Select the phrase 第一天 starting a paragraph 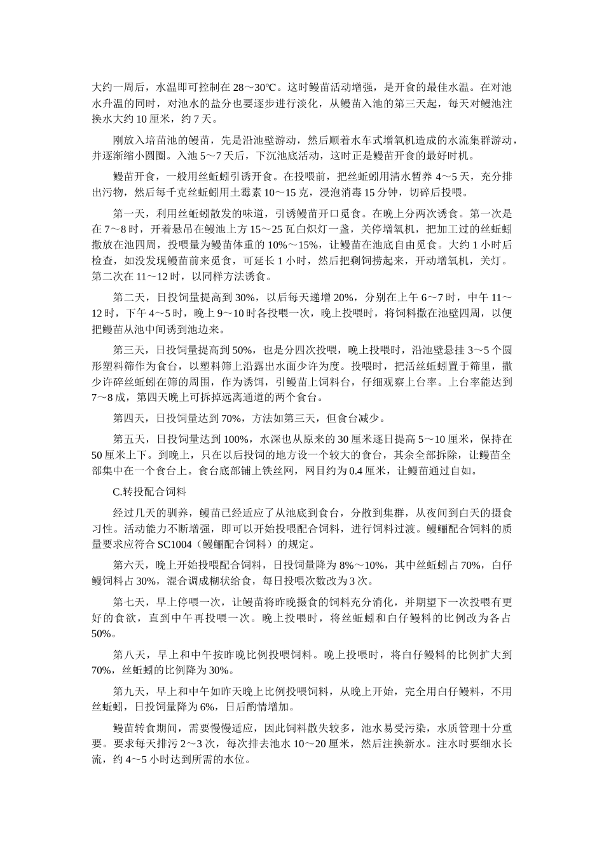coord(128,213)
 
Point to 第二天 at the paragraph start coord(128,297)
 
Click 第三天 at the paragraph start coord(128,349)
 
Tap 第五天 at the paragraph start coord(128,438)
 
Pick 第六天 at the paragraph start coord(128,565)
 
